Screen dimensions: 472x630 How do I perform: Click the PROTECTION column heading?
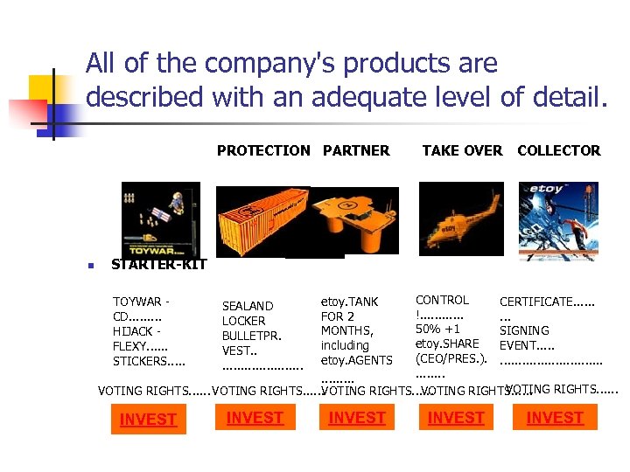(263, 150)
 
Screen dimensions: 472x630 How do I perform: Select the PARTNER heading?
(356, 150)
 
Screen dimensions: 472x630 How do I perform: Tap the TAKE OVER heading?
(462, 150)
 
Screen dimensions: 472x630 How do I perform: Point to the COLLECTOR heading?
(558, 150)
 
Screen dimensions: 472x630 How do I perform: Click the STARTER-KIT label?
(159, 265)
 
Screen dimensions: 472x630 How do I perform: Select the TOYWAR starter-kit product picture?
(160, 219)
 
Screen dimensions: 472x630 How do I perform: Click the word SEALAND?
(248, 306)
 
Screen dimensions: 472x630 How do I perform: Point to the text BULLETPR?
(251, 336)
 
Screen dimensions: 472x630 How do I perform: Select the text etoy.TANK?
(350, 302)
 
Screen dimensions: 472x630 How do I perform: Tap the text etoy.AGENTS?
(357, 360)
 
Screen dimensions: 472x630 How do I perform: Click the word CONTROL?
(442, 300)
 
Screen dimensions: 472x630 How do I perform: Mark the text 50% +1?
(437, 330)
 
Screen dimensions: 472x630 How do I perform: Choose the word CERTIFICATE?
(535, 302)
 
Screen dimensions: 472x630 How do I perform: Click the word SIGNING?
(524, 330)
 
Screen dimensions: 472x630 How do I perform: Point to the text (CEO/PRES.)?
(451, 358)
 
